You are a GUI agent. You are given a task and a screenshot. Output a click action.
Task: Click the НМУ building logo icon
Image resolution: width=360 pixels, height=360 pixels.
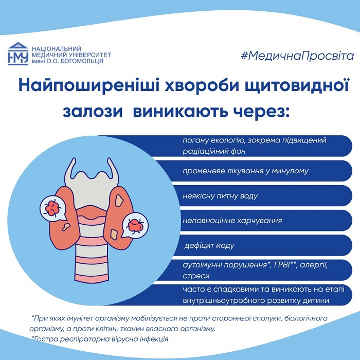point(18,53)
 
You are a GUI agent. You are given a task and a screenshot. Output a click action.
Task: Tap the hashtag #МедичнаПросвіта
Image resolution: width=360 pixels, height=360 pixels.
point(297,56)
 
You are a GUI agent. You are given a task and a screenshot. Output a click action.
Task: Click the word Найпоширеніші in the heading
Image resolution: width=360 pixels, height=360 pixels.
point(88,86)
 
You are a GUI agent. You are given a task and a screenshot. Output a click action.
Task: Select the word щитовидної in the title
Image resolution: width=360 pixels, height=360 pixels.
point(297,86)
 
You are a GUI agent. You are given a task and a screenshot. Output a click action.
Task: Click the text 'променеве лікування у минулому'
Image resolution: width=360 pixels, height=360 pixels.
point(245,171)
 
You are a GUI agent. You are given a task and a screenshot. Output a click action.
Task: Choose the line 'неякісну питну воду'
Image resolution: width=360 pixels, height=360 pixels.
point(220,196)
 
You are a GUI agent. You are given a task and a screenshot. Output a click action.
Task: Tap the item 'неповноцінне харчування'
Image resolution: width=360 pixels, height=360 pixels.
point(232,221)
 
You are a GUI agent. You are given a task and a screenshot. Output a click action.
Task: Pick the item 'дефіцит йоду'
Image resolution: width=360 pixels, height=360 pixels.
point(209,245)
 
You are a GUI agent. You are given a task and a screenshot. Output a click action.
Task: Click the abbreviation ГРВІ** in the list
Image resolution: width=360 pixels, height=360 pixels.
point(285,265)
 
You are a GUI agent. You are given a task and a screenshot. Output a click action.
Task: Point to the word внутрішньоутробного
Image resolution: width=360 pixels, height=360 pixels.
point(226,300)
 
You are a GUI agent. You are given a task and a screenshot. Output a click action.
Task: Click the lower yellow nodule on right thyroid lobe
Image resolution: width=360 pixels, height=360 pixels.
point(114,233)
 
